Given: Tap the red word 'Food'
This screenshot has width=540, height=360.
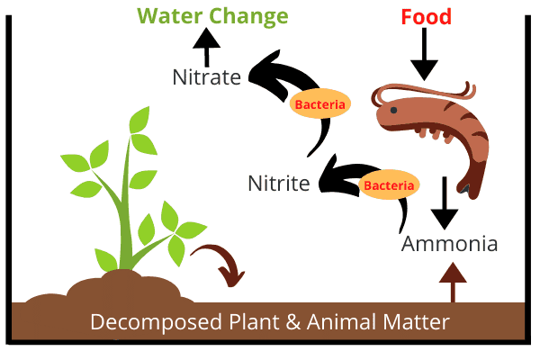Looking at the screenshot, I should pyautogui.click(x=426, y=17).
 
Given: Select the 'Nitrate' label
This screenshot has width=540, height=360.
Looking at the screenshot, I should pyautogui.click(x=207, y=76).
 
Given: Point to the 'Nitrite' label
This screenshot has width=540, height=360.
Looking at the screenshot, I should pyautogui.click(x=279, y=184).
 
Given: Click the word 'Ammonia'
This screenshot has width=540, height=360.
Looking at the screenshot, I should pyautogui.click(x=449, y=243).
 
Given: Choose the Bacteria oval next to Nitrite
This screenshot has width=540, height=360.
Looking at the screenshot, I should pyautogui.click(x=389, y=185).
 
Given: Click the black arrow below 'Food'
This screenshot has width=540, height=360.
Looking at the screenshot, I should pyautogui.click(x=425, y=58).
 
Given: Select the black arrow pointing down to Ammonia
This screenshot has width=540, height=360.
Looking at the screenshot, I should pyautogui.click(x=444, y=205).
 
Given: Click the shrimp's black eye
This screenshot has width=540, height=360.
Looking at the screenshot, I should pyautogui.click(x=393, y=111).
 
